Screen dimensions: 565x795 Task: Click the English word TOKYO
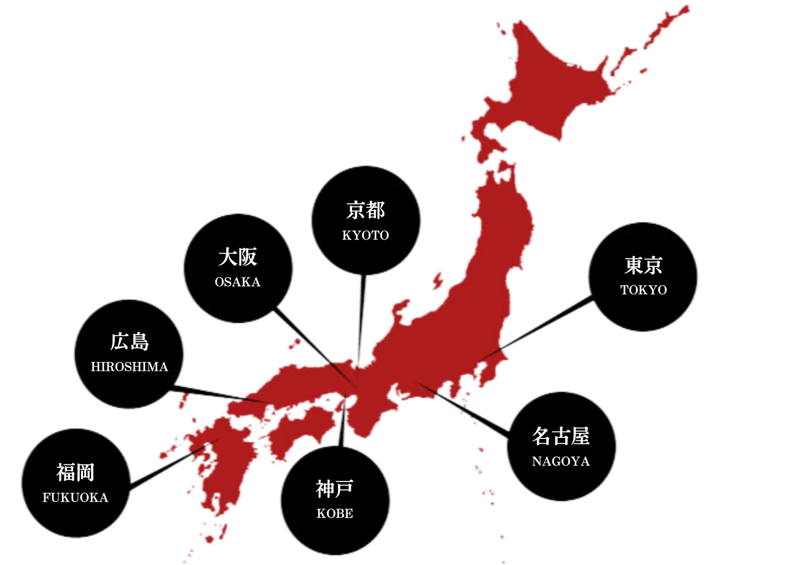point(643,290)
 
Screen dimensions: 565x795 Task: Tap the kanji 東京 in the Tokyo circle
point(643,265)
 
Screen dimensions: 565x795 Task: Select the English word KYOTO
point(366,236)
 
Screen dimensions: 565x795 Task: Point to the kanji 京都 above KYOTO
point(366,211)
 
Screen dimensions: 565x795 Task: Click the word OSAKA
point(238,282)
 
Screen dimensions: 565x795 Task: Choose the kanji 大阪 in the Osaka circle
point(238,257)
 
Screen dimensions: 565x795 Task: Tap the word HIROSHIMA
point(129,367)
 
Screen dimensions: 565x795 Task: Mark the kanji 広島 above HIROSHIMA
point(129,341)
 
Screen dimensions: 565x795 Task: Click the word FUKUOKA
point(75,498)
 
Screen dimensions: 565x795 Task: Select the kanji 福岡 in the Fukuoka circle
point(75,473)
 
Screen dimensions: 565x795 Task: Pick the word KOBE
point(335,514)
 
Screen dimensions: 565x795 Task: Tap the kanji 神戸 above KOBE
point(335,489)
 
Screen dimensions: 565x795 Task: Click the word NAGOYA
point(560,462)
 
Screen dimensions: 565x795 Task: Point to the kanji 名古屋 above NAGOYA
point(560,437)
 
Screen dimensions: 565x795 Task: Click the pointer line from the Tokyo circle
point(541,329)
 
